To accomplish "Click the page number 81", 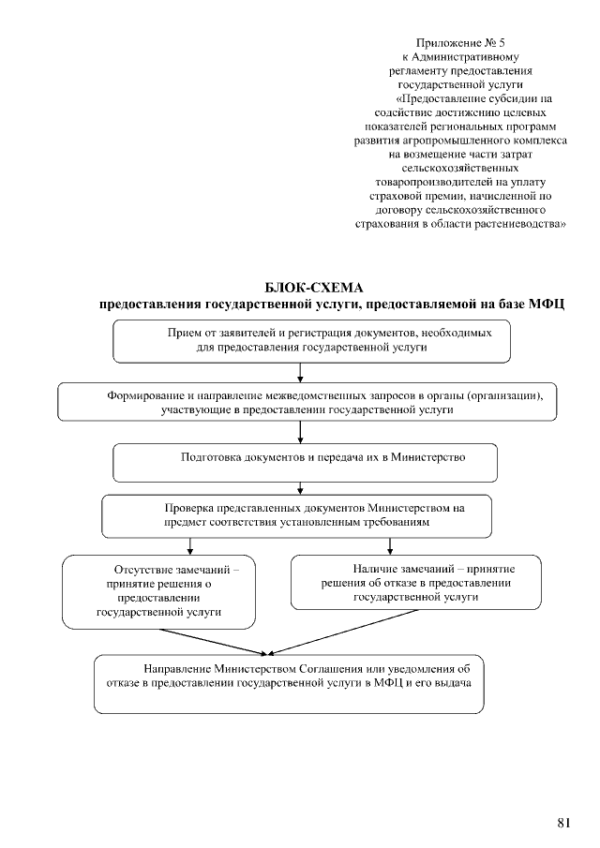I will point(563,823).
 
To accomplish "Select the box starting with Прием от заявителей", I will point(312,340).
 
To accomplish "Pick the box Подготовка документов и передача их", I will point(305,461).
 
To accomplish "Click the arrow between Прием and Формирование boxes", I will point(299,372).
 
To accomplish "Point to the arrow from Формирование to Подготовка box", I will point(299,432).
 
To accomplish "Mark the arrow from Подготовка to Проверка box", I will point(299,487).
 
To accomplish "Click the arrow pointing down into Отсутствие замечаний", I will point(190,546).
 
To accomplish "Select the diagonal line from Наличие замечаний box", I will point(347,631).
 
